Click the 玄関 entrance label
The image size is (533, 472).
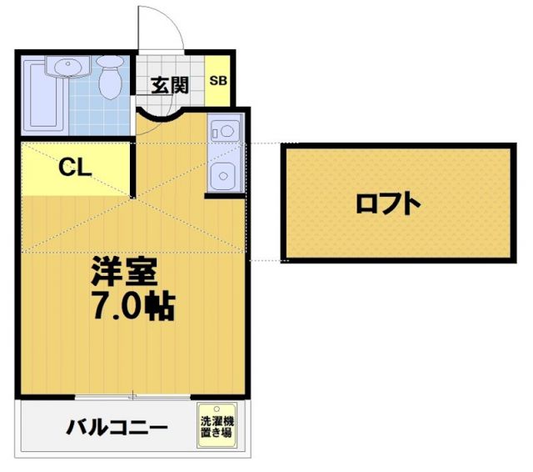[x=170, y=84]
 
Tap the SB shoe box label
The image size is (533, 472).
[x=217, y=81]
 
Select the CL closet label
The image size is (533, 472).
[x=74, y=166]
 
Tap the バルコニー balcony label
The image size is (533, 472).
[x=117, y=429]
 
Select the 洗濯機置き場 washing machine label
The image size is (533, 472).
[x=217, y=428]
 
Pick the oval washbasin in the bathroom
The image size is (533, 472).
[x=65, y=66]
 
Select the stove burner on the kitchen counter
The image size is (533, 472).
[x=224, y=131]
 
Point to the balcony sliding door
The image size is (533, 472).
[x=133, y=395]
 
